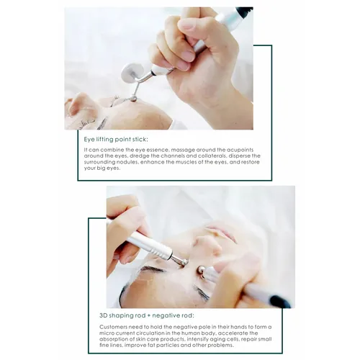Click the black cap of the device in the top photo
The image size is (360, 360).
244,12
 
